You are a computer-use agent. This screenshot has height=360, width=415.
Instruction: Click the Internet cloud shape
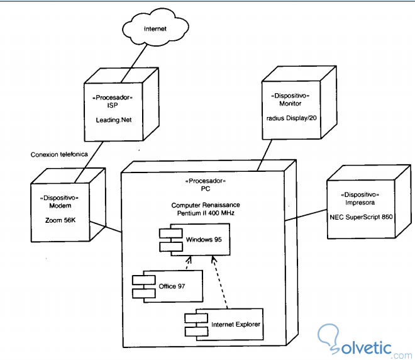point(156,29)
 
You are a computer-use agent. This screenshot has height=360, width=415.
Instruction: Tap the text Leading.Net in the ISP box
point(113,119)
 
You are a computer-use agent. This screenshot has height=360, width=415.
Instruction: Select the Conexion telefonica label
point(60,154)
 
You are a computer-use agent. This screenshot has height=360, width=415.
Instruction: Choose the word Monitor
point(290,103)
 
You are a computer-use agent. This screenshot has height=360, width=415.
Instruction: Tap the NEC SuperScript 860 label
point(361,216)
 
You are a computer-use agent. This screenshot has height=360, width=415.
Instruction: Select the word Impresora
point(360,202)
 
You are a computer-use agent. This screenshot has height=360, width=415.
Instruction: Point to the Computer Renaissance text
point(205,206)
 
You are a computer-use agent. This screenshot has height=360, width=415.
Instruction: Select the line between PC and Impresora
point(306,215)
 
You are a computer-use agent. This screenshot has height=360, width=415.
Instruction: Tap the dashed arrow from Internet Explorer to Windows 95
point(219,283)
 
